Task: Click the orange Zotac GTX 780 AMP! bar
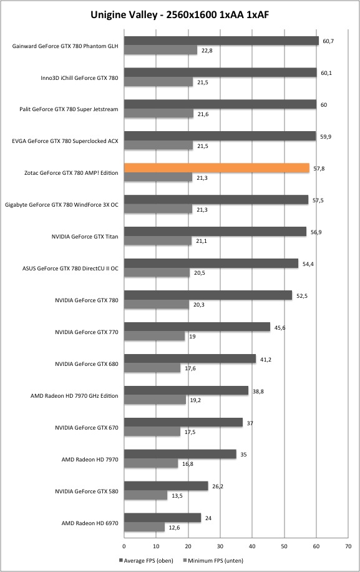[x=216, y=168]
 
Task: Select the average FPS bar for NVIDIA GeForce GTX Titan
[x=215, y=232]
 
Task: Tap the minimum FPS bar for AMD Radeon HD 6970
[x=144, y=527]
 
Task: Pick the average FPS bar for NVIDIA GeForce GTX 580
[x=166, y=486]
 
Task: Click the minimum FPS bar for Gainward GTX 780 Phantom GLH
[x=161, y=51]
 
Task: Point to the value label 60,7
[x=328, y=41]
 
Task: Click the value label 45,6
[x=280, y=328]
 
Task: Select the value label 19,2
[x=195, y=400]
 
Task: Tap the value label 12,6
[x=174, y=528]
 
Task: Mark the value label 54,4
[x=308, y=264]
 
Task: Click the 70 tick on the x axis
[x=348, y=546]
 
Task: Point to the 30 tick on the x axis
[x=220, y=546]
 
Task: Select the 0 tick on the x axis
[x=124, y=546]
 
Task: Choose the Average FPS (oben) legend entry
[x=146, y=560]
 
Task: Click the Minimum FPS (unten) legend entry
[x=213, y=560]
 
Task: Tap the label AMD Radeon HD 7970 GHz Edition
[x=74, y=396]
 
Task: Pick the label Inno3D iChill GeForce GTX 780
[x=79, y=77]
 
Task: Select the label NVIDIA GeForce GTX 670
[x=87, y=428]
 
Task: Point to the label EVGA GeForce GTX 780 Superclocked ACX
[x=66, y=141]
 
